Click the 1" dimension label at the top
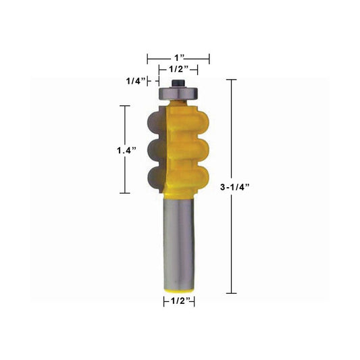(x=180, y=57)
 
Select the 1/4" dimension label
(x=136, y=81)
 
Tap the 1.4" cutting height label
(x=126, y=151)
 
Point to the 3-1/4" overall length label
(x=234, y=187)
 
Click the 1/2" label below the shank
(x=181, y=301)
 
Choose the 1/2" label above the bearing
(x=179, y=69)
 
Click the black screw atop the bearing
(x=179, y=83)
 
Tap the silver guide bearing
(x=178, y=93)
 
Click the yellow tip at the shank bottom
(x=179, y=291)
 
